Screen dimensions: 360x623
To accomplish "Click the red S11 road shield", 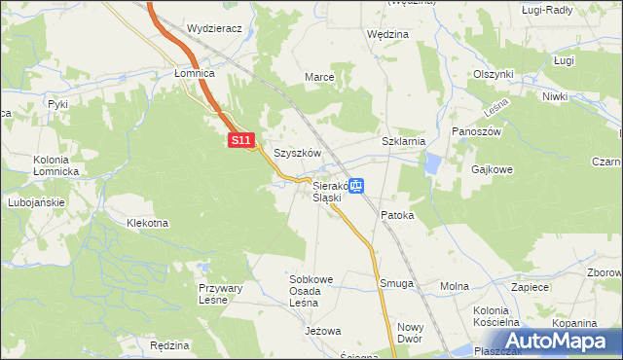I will point(242,141).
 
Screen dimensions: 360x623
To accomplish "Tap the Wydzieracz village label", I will point(213,29).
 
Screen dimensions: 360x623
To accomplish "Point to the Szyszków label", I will point(297,154).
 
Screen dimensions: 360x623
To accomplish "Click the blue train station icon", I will point(357,185).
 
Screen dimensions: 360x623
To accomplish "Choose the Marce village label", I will point(320,77).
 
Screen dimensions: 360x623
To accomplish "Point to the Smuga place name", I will point(396,284).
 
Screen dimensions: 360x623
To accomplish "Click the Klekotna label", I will point(148,223).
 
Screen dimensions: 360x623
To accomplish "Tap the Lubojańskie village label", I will point(34,202).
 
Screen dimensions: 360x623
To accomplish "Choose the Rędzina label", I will point(169,345).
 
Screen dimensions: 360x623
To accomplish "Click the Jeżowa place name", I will point(322,331).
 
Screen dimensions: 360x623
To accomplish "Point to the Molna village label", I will point(455,287).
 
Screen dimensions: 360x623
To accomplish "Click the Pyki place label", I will point(58,103).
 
